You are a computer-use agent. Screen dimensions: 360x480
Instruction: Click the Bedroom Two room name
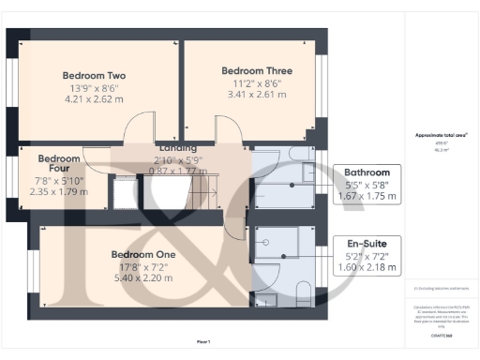[95, 75]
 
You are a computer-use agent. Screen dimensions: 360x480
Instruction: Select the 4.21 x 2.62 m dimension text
[95, 97]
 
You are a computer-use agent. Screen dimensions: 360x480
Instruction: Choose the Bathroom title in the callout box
[367, 172]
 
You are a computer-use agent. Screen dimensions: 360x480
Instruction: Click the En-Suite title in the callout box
[367, 243]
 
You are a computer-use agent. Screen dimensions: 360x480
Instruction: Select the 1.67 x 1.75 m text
[367, 197]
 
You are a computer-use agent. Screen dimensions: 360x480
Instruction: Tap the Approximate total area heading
[441, 135]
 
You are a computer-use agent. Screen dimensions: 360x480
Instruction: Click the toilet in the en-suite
[302, 292]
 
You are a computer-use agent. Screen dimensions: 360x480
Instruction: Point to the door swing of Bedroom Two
[139, 128]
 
